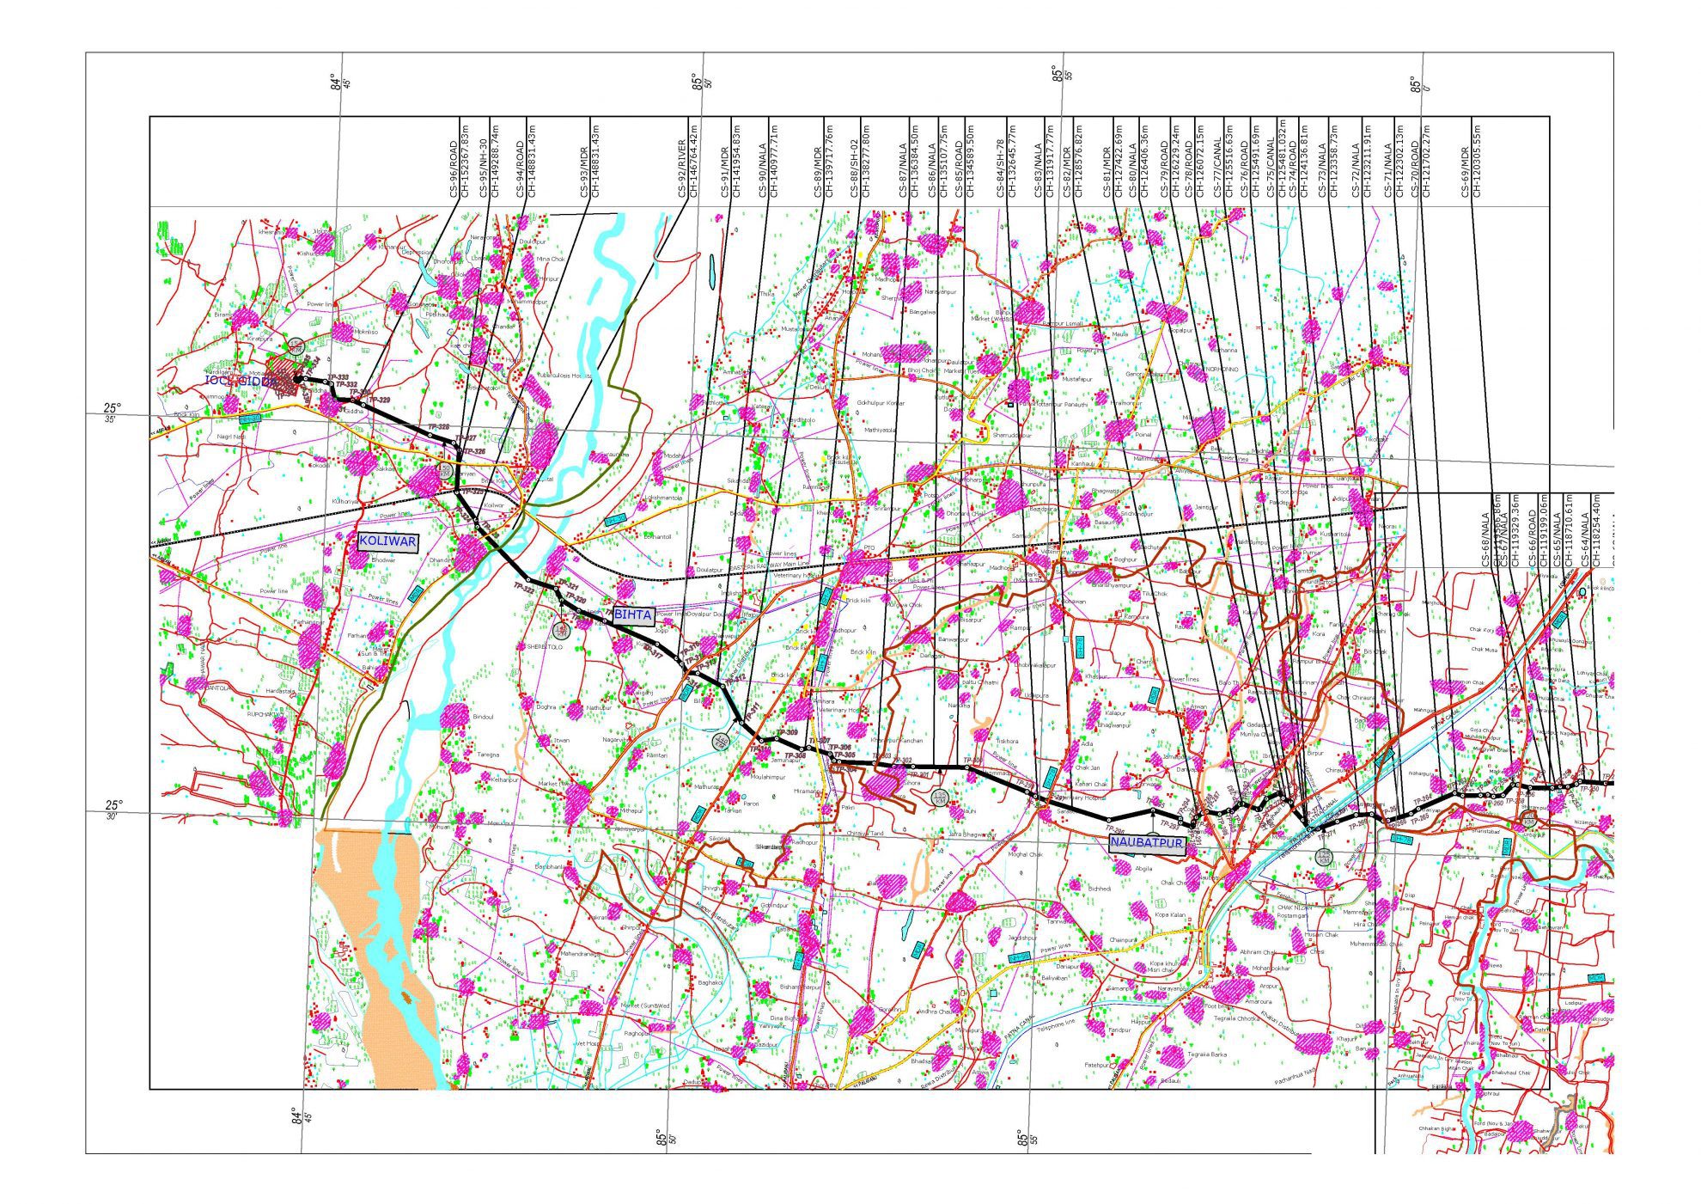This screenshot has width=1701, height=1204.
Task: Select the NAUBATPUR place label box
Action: point(1147,843)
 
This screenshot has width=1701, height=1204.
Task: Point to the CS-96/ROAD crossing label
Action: point(454,167)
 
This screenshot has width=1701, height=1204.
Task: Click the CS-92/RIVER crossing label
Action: point(682,167)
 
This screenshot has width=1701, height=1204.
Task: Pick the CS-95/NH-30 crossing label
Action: point(483,167)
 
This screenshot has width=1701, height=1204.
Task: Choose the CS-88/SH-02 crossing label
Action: point(854,167)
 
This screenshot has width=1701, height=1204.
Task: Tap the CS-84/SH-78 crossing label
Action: point(1000,167)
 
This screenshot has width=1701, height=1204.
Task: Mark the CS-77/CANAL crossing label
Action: point(1218,167)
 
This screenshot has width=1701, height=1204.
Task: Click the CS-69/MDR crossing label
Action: point(1466,167)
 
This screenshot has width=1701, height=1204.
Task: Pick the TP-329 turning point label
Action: point(379,400)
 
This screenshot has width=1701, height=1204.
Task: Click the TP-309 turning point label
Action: point(786,732)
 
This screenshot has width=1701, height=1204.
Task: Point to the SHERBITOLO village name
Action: point(544,646)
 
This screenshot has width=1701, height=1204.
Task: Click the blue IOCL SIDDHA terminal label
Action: point(241,380)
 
